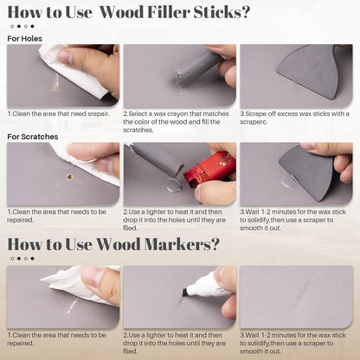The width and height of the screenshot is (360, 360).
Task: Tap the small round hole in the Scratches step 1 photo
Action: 68,177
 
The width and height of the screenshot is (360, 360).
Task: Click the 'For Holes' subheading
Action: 25,39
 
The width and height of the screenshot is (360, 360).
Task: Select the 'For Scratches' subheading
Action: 33,137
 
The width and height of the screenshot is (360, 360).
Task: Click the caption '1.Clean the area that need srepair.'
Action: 56,113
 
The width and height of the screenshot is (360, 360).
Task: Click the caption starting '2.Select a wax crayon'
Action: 178,118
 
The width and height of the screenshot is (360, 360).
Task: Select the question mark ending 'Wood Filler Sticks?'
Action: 245,13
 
